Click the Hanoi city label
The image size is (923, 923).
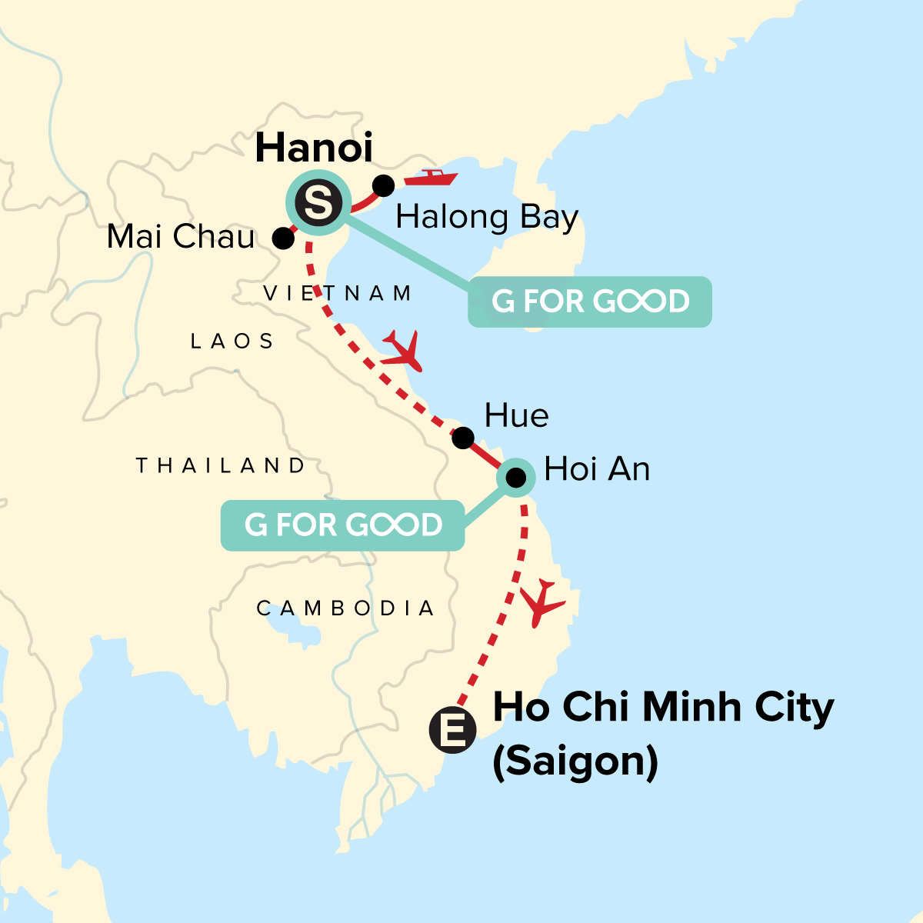[x=314, y=148]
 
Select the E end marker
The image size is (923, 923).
[x=452, y=730]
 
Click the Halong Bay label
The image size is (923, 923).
[x=486, y=218]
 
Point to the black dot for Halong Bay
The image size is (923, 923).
[x=383, y=185]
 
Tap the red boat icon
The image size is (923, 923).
[x=431, y=178]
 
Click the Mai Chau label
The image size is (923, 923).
[x=181, y=237]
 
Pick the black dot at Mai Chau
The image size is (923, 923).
[x=283, y=238]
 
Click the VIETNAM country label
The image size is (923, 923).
[x=338, y=293]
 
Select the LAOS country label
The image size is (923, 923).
[x=232, y=341]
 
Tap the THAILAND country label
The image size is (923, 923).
[x=221, y=465]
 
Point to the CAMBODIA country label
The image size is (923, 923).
[x=345, y=608]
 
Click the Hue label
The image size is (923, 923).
[x=516, y=416]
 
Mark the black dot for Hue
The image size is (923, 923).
[x=462, y=438]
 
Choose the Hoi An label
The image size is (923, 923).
[x=597, y=469]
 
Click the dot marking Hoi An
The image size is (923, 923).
[x=516, y=478]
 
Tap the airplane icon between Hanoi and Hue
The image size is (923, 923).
[x=402, y=351]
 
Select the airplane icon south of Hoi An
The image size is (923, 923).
[x=545, y=601]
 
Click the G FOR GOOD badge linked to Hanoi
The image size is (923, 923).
[x=590, y=302]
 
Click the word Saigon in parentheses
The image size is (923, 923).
[x=575, y=761]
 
